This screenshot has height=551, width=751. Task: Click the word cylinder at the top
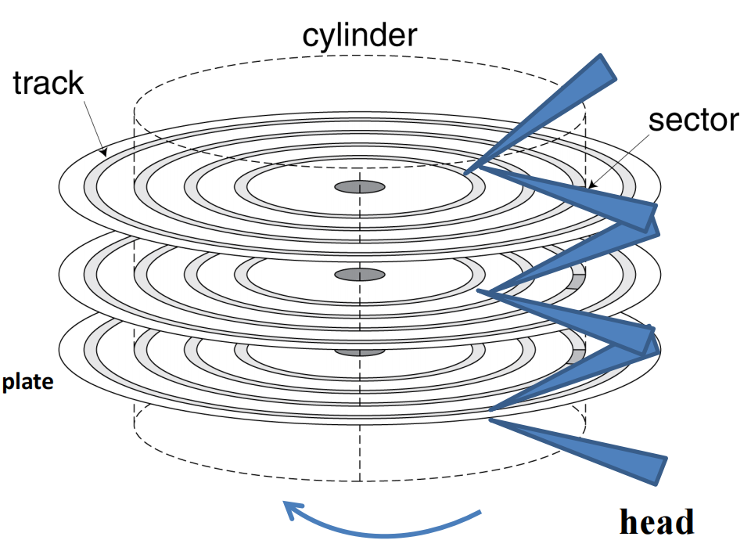pyautogui.click(x=360, y=35)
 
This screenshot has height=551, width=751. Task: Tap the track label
pyautogui.click(x=49, y=82)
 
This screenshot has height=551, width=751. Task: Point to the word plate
pyautogui.click(x=27, y=384)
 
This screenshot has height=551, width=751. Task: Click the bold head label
pyautogui.click(x=656, y=521)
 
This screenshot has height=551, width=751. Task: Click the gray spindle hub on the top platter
pyautogui.click(x=360, y=187)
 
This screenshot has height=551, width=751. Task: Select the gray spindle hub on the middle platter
pyautogui.click(x=360, y=274)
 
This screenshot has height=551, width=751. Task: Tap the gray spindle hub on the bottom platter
pyautogui.click(x=360, y=352)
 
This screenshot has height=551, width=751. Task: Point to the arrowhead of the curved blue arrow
pyautogui.click(x=291, y=510)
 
